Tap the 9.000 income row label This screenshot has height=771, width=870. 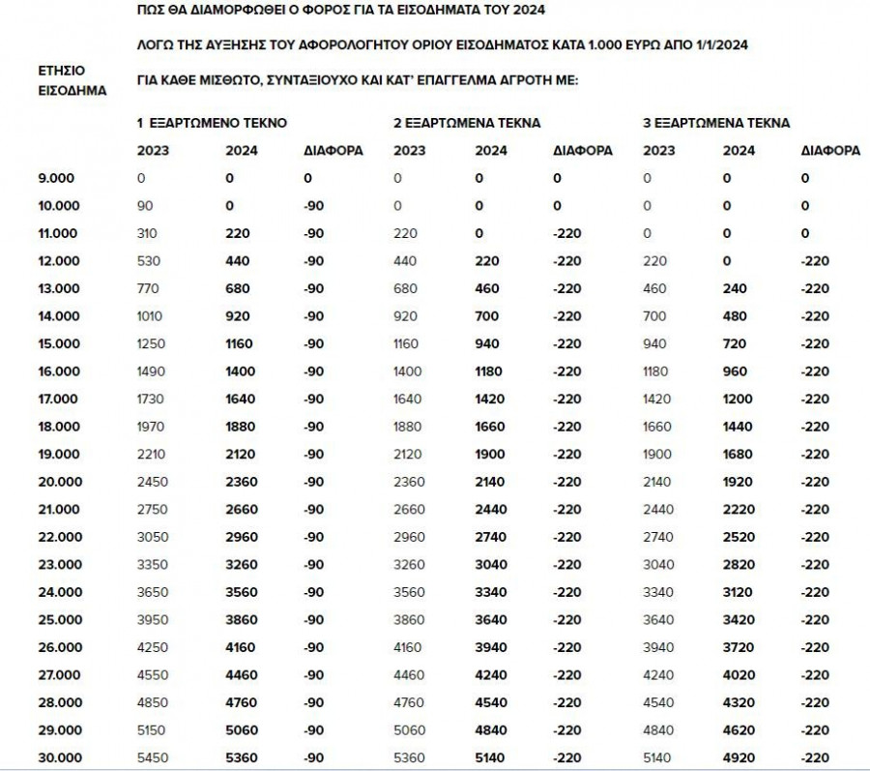tap(55, 179)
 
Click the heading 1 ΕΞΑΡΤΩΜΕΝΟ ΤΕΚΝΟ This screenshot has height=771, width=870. tap(212, 124)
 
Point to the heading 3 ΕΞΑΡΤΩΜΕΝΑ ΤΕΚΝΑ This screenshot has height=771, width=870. tap(716, 124)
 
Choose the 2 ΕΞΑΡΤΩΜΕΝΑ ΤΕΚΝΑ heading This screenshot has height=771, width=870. tap(467, 124)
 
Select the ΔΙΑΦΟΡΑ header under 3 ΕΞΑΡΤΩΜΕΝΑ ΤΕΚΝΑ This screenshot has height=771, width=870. tap(830, 151)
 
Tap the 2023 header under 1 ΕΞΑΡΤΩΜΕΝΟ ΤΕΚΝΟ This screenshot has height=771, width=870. tap(153, 151)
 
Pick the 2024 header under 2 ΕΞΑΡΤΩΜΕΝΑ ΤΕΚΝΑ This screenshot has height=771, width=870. tap(491, 151)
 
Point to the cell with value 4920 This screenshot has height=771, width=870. tap(739, 757)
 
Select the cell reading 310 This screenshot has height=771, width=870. tap(148, 234)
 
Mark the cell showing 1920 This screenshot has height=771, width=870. tap(739, 482)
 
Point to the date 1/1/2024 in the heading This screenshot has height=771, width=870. tap(719, 45)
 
